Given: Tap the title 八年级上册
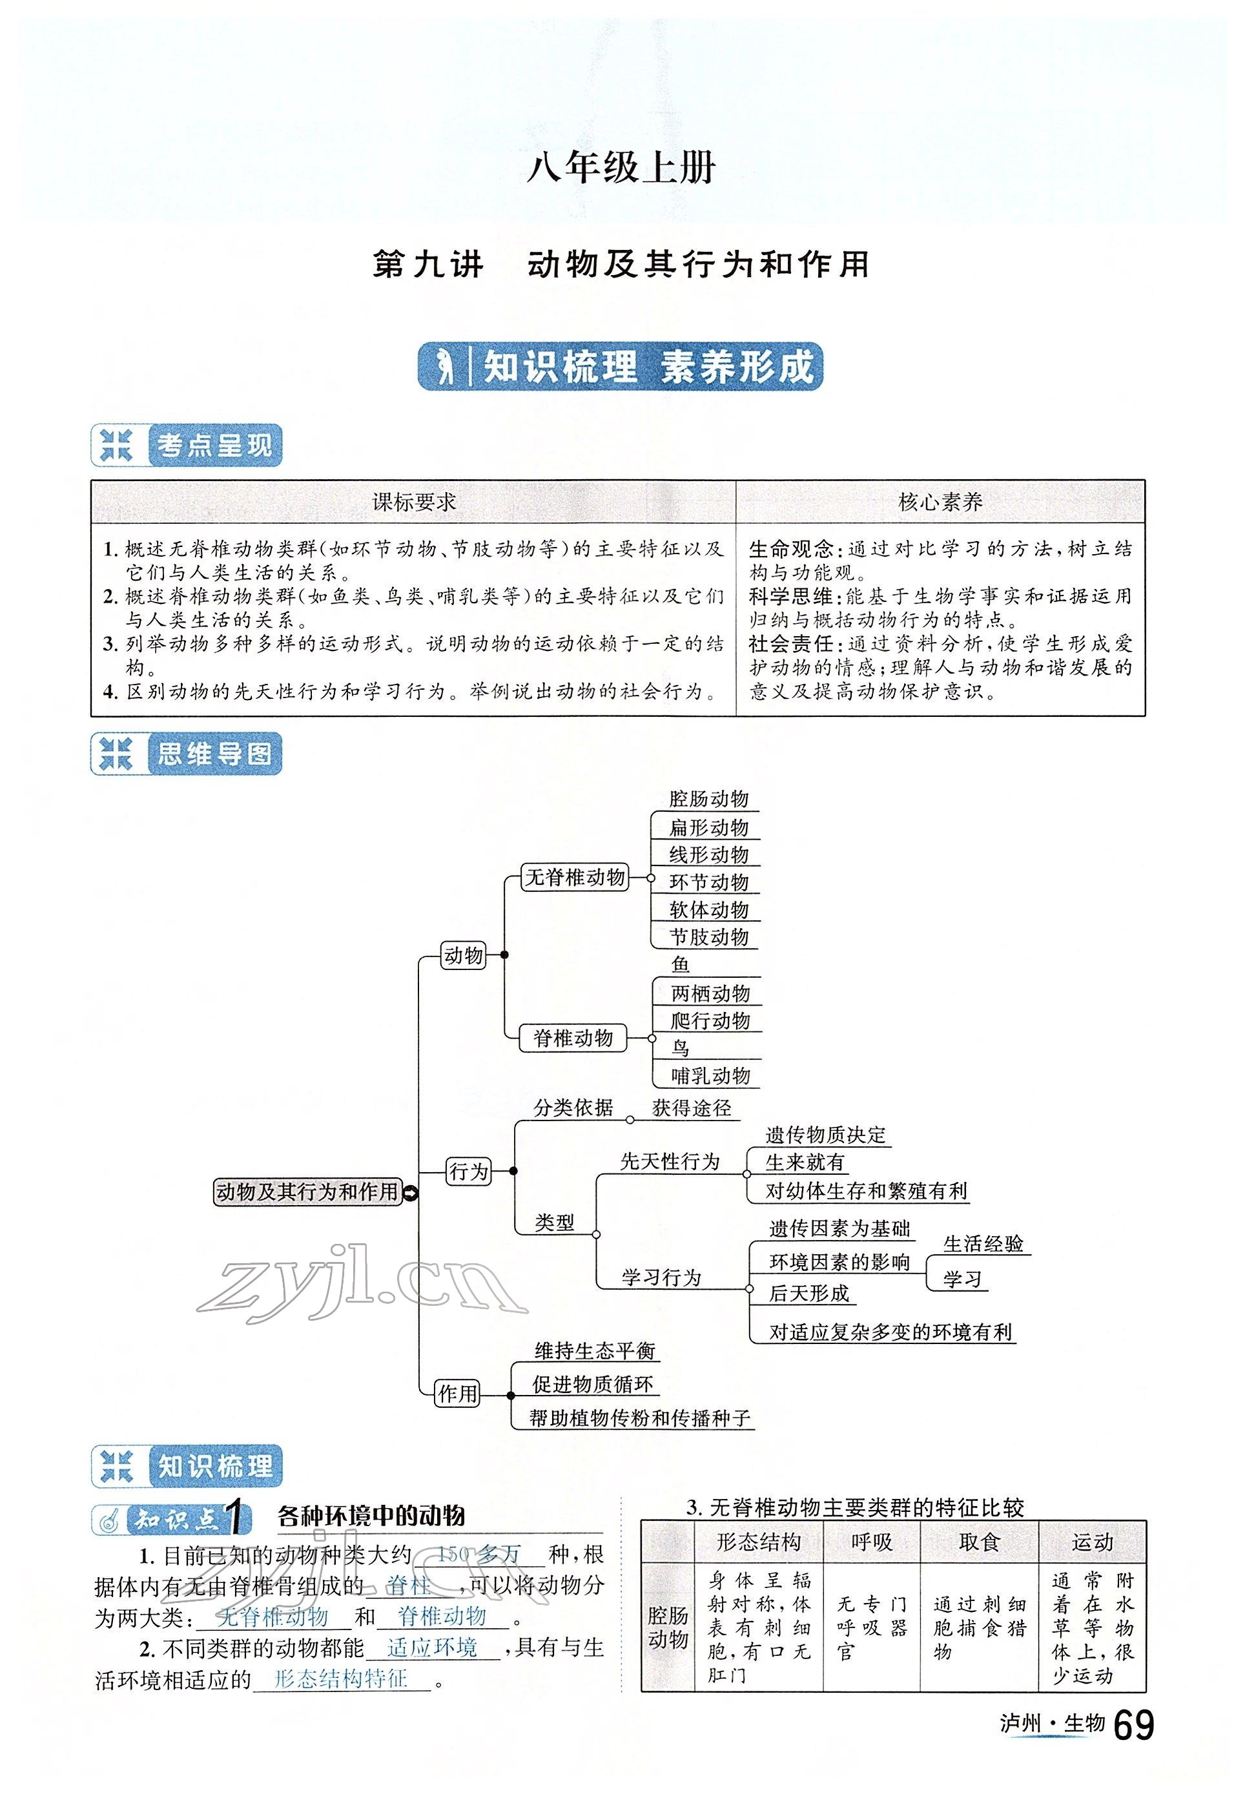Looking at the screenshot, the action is coord(622,168).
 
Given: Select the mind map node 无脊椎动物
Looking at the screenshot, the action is coord(575,878).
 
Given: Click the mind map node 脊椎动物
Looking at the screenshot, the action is coord(573,1038).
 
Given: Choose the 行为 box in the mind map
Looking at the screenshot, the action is coord(469,1171).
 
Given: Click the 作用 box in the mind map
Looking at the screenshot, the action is coord(457,1393).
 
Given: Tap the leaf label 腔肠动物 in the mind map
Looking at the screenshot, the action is coord(708,799).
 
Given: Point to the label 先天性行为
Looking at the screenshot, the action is coord(669,1161).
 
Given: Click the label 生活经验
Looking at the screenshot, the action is coord(983,1244).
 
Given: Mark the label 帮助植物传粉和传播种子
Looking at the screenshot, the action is coord(640,1418).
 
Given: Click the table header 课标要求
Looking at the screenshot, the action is coord(413,502).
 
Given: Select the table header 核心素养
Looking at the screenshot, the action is coord(940,502).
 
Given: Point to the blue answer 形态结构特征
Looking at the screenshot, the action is coord(341,1679).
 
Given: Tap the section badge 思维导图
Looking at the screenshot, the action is coord(214,754).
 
